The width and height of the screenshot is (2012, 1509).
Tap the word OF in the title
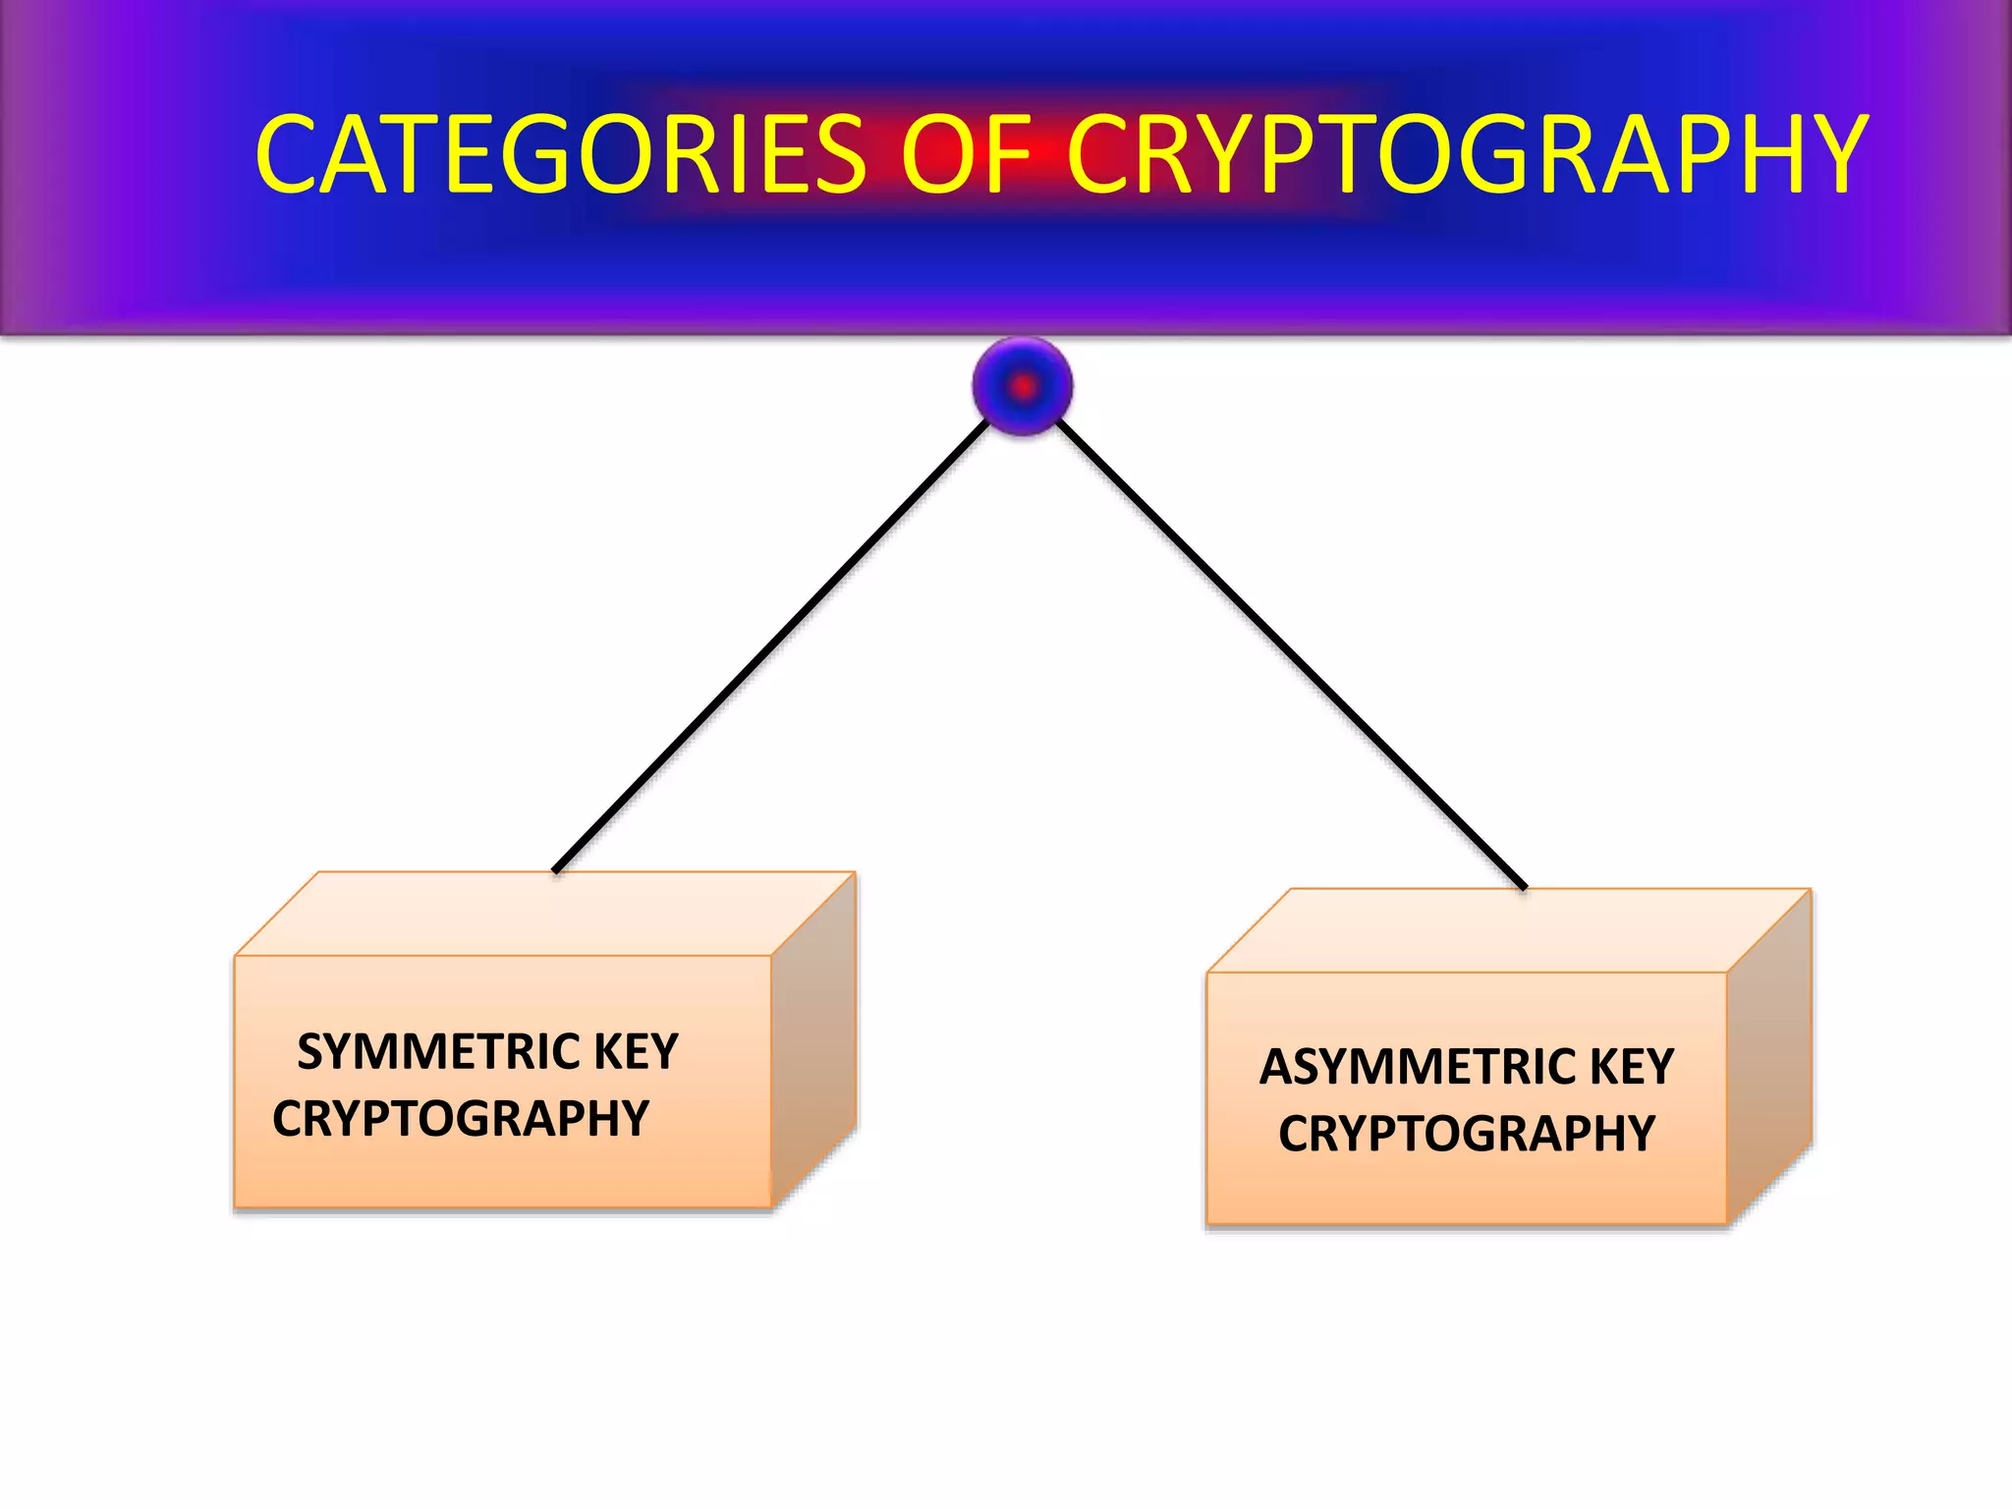coord(966,154)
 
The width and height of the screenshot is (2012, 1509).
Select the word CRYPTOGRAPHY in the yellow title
coord(1467,154)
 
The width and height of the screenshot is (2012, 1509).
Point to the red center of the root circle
coord(1023,387)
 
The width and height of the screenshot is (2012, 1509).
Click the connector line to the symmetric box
coord(771,646)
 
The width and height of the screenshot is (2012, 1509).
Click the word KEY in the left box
coord(636,1052)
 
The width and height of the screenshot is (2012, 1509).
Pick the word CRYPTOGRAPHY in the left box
coord(461,1119)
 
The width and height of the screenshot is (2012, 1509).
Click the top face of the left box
coord(545,914)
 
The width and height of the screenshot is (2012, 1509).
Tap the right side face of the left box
coord(814,1041)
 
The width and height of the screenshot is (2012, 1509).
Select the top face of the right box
coord(1508,930)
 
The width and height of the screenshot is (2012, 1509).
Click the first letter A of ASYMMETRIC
coord(1275,1068)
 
